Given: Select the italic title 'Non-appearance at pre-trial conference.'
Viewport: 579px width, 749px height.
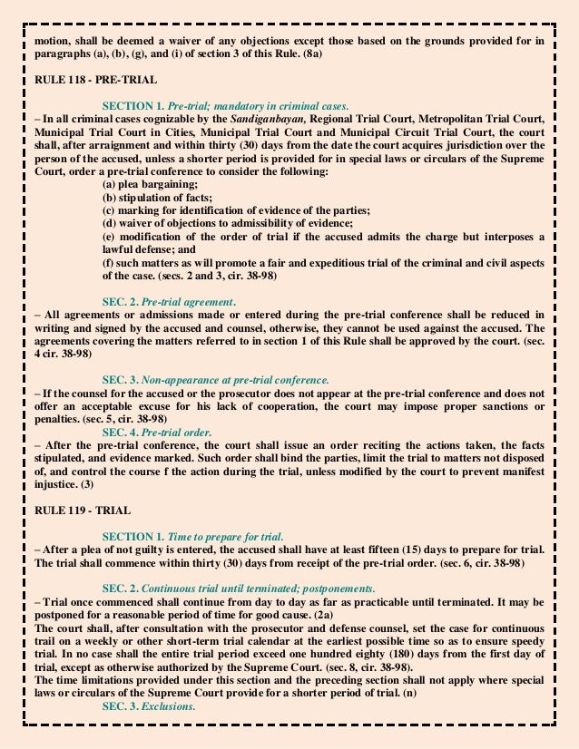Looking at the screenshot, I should (x=239, y=381).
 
